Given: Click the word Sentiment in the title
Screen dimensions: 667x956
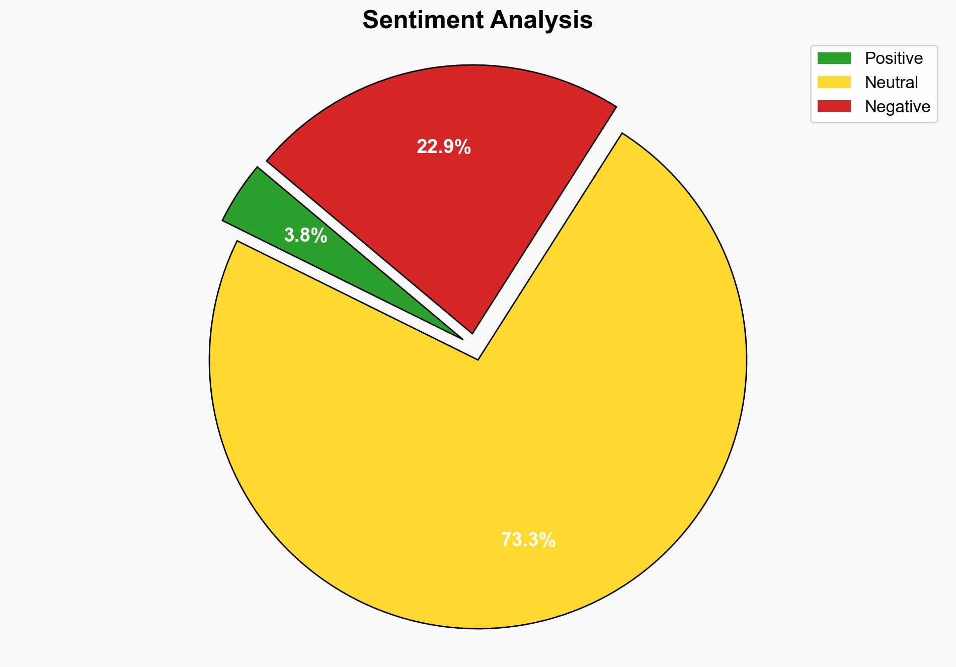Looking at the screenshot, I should tap(422, 21).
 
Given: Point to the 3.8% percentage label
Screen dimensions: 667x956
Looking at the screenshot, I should tap(305, 236).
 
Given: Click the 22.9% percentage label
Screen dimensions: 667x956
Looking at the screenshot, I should tap(443, 147).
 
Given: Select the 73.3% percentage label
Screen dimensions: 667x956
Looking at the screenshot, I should tap(528, 540).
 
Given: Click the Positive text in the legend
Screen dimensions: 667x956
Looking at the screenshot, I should tap(894, 58).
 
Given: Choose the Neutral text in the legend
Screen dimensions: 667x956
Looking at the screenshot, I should tap(891, 83).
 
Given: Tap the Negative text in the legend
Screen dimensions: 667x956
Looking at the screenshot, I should tap(897, 107).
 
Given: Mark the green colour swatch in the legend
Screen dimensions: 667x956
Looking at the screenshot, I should tap(834, 58).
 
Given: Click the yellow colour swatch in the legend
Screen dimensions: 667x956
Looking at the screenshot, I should tap(834, 82).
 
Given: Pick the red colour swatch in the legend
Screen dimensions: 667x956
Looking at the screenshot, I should tap(834, 106).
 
